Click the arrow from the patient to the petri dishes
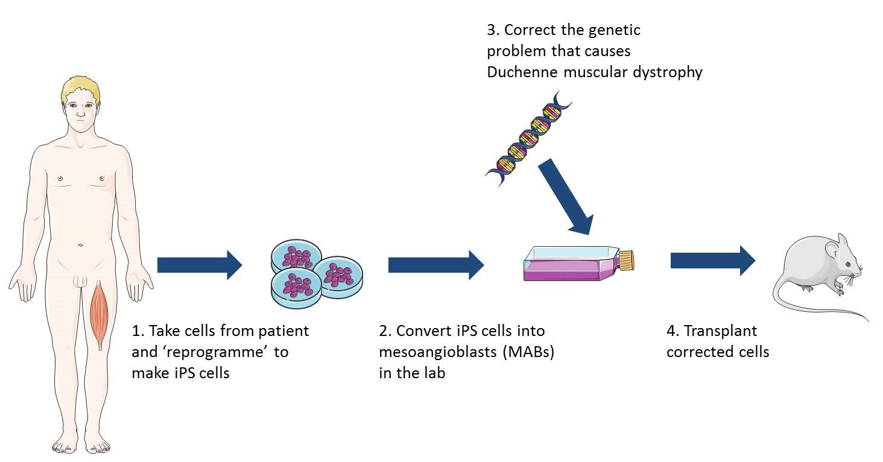click(199, 265)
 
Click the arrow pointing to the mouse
click(712, 261)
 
